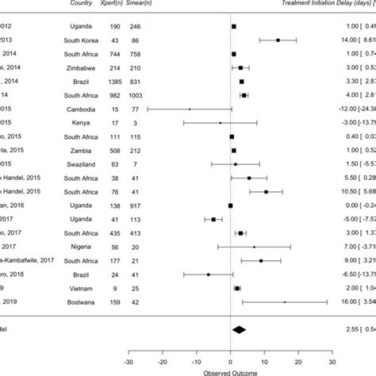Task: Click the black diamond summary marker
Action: tap(239, 351)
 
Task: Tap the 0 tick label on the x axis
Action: tap(231, 366)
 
